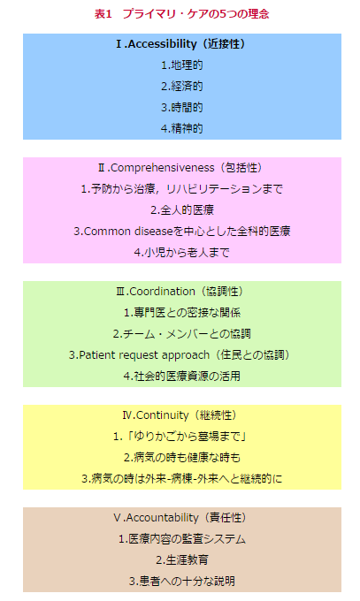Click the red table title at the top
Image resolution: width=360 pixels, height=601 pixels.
tap(181, 14)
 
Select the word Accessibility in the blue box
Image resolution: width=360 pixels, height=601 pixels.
tap(162, 44)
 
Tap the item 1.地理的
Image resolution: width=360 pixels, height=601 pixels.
tap(182, 65)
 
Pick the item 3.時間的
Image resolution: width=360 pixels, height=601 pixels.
tap(182, 107)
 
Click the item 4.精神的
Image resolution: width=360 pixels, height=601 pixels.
tap(182, 128)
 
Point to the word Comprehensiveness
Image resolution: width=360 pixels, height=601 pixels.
tap(163, 168)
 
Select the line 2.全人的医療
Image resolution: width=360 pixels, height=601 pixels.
tap(182, 210)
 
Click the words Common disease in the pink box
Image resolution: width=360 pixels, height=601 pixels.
tap(128, 232)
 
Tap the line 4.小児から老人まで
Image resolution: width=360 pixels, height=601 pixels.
tap(182, 252)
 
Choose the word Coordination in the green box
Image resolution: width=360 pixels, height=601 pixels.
tap(163, 292)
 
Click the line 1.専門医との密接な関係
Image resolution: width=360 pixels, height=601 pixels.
tap(182, 313)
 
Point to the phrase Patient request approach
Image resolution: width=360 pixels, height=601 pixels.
tap(144, 355)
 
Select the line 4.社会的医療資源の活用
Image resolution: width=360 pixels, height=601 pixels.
tap(182, 376)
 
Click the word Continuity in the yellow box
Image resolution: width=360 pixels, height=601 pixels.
tap(163, 415)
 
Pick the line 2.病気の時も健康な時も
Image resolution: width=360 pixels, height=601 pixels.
tap(182, 458)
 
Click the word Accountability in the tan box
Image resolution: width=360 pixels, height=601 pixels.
tap(163, 518)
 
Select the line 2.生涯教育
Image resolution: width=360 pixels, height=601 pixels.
tap(182, 560)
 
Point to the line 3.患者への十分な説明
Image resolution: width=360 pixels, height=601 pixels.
tap(182, 581)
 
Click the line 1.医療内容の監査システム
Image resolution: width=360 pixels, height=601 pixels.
tap(182, 539)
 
